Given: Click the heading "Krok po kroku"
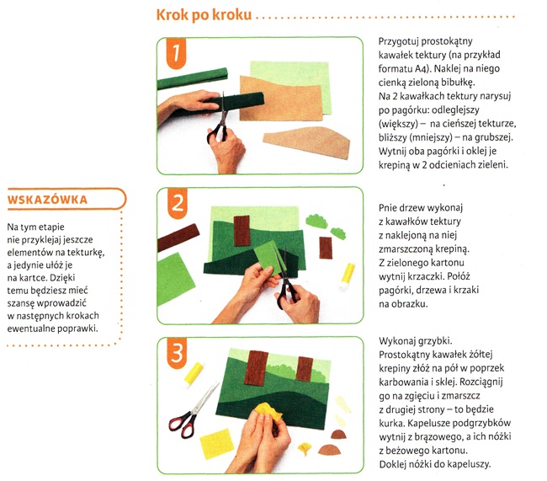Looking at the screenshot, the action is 204,14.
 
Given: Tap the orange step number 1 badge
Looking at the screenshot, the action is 176,53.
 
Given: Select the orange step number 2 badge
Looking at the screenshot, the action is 178,203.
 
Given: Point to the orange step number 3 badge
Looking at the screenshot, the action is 177,353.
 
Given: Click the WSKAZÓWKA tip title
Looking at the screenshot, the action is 47,200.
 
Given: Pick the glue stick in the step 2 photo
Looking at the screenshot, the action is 347,276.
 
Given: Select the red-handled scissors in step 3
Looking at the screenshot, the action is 193,411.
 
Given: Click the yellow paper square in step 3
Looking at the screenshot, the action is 217,444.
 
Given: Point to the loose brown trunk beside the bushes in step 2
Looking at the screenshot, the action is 326,248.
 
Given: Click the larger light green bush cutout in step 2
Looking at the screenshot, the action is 316,221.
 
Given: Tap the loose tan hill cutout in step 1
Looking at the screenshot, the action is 307,142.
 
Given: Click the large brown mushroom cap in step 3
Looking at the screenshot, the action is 330,450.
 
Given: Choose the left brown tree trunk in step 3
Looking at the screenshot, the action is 257,368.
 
